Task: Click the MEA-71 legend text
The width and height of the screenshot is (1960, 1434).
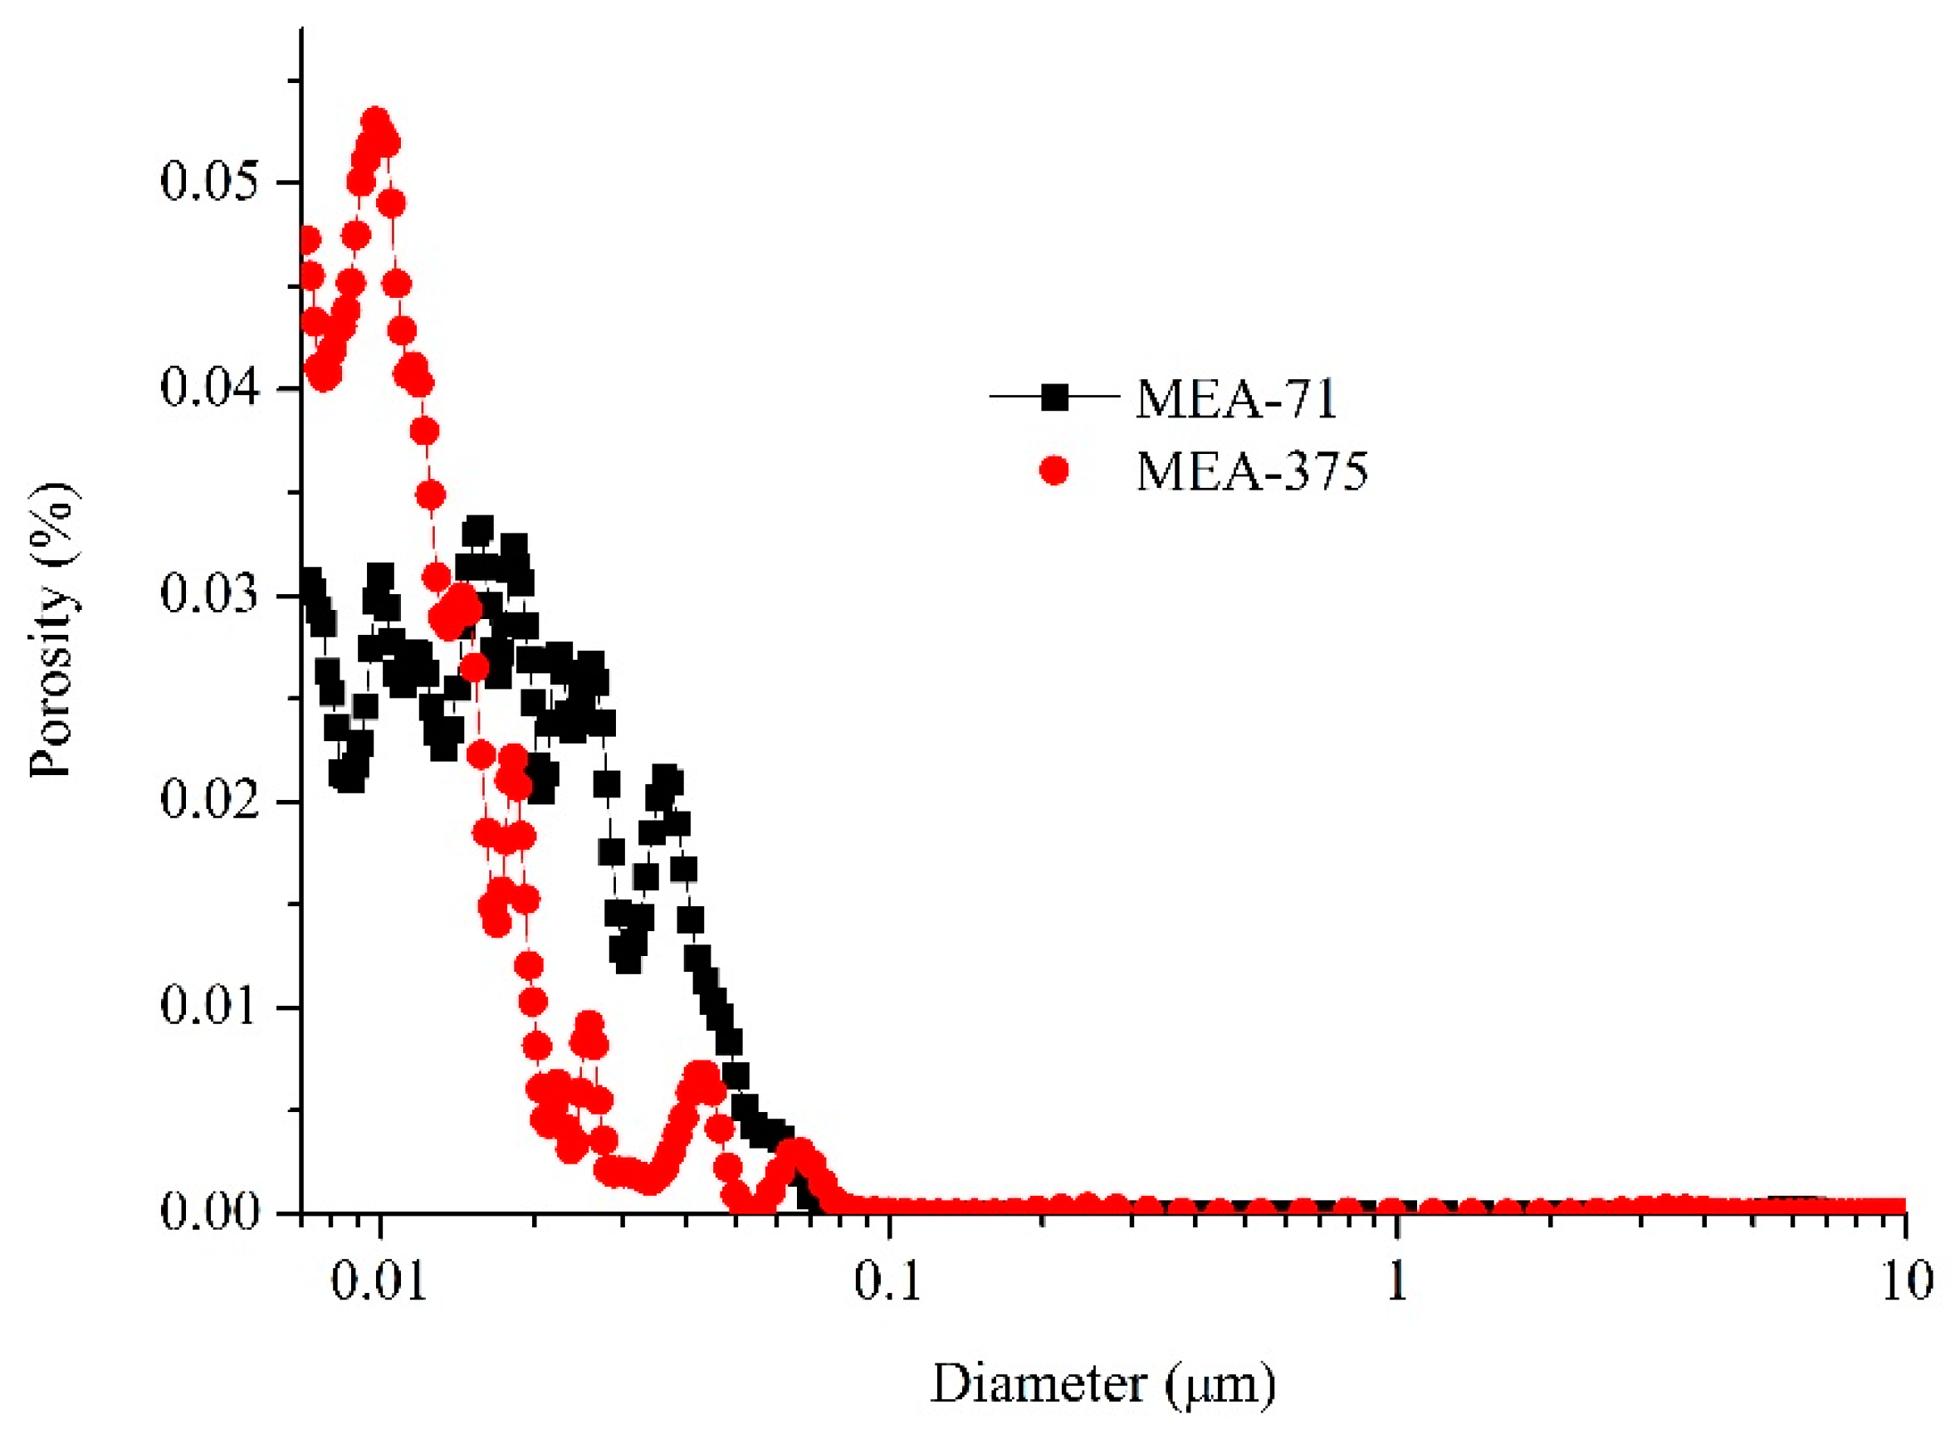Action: pyautogui.click(x=1236, y=399)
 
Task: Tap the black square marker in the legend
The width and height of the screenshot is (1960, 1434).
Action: pyautogui.click(x=1055, y=398)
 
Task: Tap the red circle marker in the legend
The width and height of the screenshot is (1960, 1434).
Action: pyautogui.click(x=1054, y=471)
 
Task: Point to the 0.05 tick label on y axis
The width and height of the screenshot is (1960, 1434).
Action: pyautogui.click(x=209, y=183)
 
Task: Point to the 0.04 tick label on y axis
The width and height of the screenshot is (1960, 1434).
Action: pyautogui.click(x=209, y=388)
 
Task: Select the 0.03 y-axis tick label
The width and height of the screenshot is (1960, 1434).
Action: pyautogui.click(x=209, y=595)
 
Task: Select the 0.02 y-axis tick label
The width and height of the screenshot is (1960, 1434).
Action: pyautogui.click(x=209, y=800)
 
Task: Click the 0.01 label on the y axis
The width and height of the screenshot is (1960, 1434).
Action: pyautogui.click(x=209, y=1006)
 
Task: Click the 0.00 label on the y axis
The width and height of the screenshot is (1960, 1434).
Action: pyautogui.click(x=209, y=1212)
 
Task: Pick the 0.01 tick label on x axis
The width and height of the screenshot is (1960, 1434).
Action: pyautogui.click(x=379, y=1281)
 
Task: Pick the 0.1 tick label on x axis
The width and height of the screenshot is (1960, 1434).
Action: pyautogui.click(x=887, y=1281)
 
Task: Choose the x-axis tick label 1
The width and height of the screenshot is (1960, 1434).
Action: pyautogui.click(x=1396, y=1281)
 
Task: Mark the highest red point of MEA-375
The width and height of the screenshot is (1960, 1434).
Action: pyautogui.click(x=376, y=121)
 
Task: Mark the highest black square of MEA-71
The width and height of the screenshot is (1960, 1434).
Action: pyautogui.click(x=478, y=529)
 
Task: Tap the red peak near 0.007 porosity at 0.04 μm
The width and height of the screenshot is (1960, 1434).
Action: pyautogui.click(x=701, y=1074)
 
